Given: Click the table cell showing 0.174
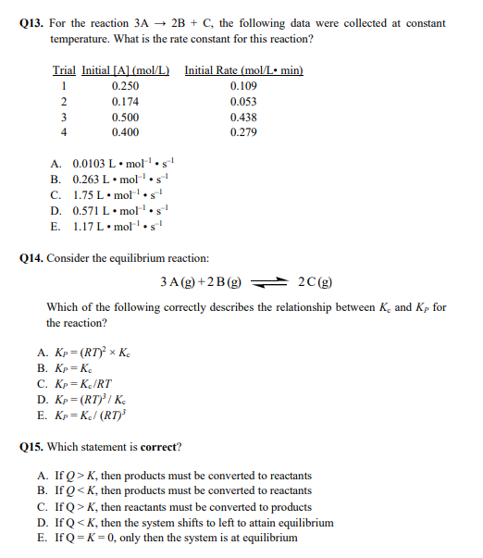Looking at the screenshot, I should (x=125, y=102).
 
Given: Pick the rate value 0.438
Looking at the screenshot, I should (x=243, y=118).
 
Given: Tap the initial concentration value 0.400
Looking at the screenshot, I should (x=125, y=133).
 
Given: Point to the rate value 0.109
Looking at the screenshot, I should (x=243, y=86).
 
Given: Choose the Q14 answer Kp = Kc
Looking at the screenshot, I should (x=84, y=367).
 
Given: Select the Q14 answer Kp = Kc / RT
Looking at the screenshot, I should (x=92, y=383).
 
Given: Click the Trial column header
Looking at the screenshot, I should (x=63, y=70).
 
